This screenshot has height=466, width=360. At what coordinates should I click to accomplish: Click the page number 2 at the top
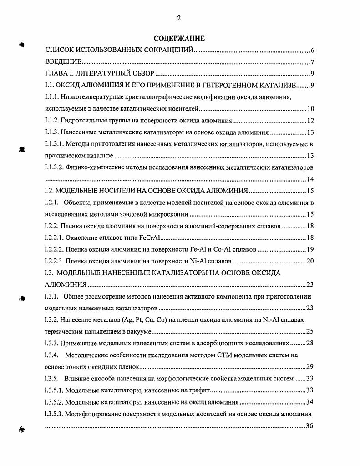click(179, 18)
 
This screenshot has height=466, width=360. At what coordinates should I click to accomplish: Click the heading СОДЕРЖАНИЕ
click(179, 38)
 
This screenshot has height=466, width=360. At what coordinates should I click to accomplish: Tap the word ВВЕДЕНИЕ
click(63, 62)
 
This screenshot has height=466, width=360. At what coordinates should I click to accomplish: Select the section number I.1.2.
click(54, 121)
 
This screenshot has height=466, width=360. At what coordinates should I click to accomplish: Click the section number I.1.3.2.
click(56, 167)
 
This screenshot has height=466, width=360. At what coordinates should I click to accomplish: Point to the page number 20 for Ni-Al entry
click(310, 261)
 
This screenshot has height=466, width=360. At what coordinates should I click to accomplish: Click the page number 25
click(310, 331)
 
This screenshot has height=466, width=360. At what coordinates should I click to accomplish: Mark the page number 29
click(310, 366)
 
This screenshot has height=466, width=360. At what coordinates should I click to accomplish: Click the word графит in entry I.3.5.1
click(200, 390)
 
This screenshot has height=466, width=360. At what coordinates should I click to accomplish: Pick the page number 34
click(310, 402)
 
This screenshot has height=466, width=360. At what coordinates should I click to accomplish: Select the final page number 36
click(310, 425)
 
